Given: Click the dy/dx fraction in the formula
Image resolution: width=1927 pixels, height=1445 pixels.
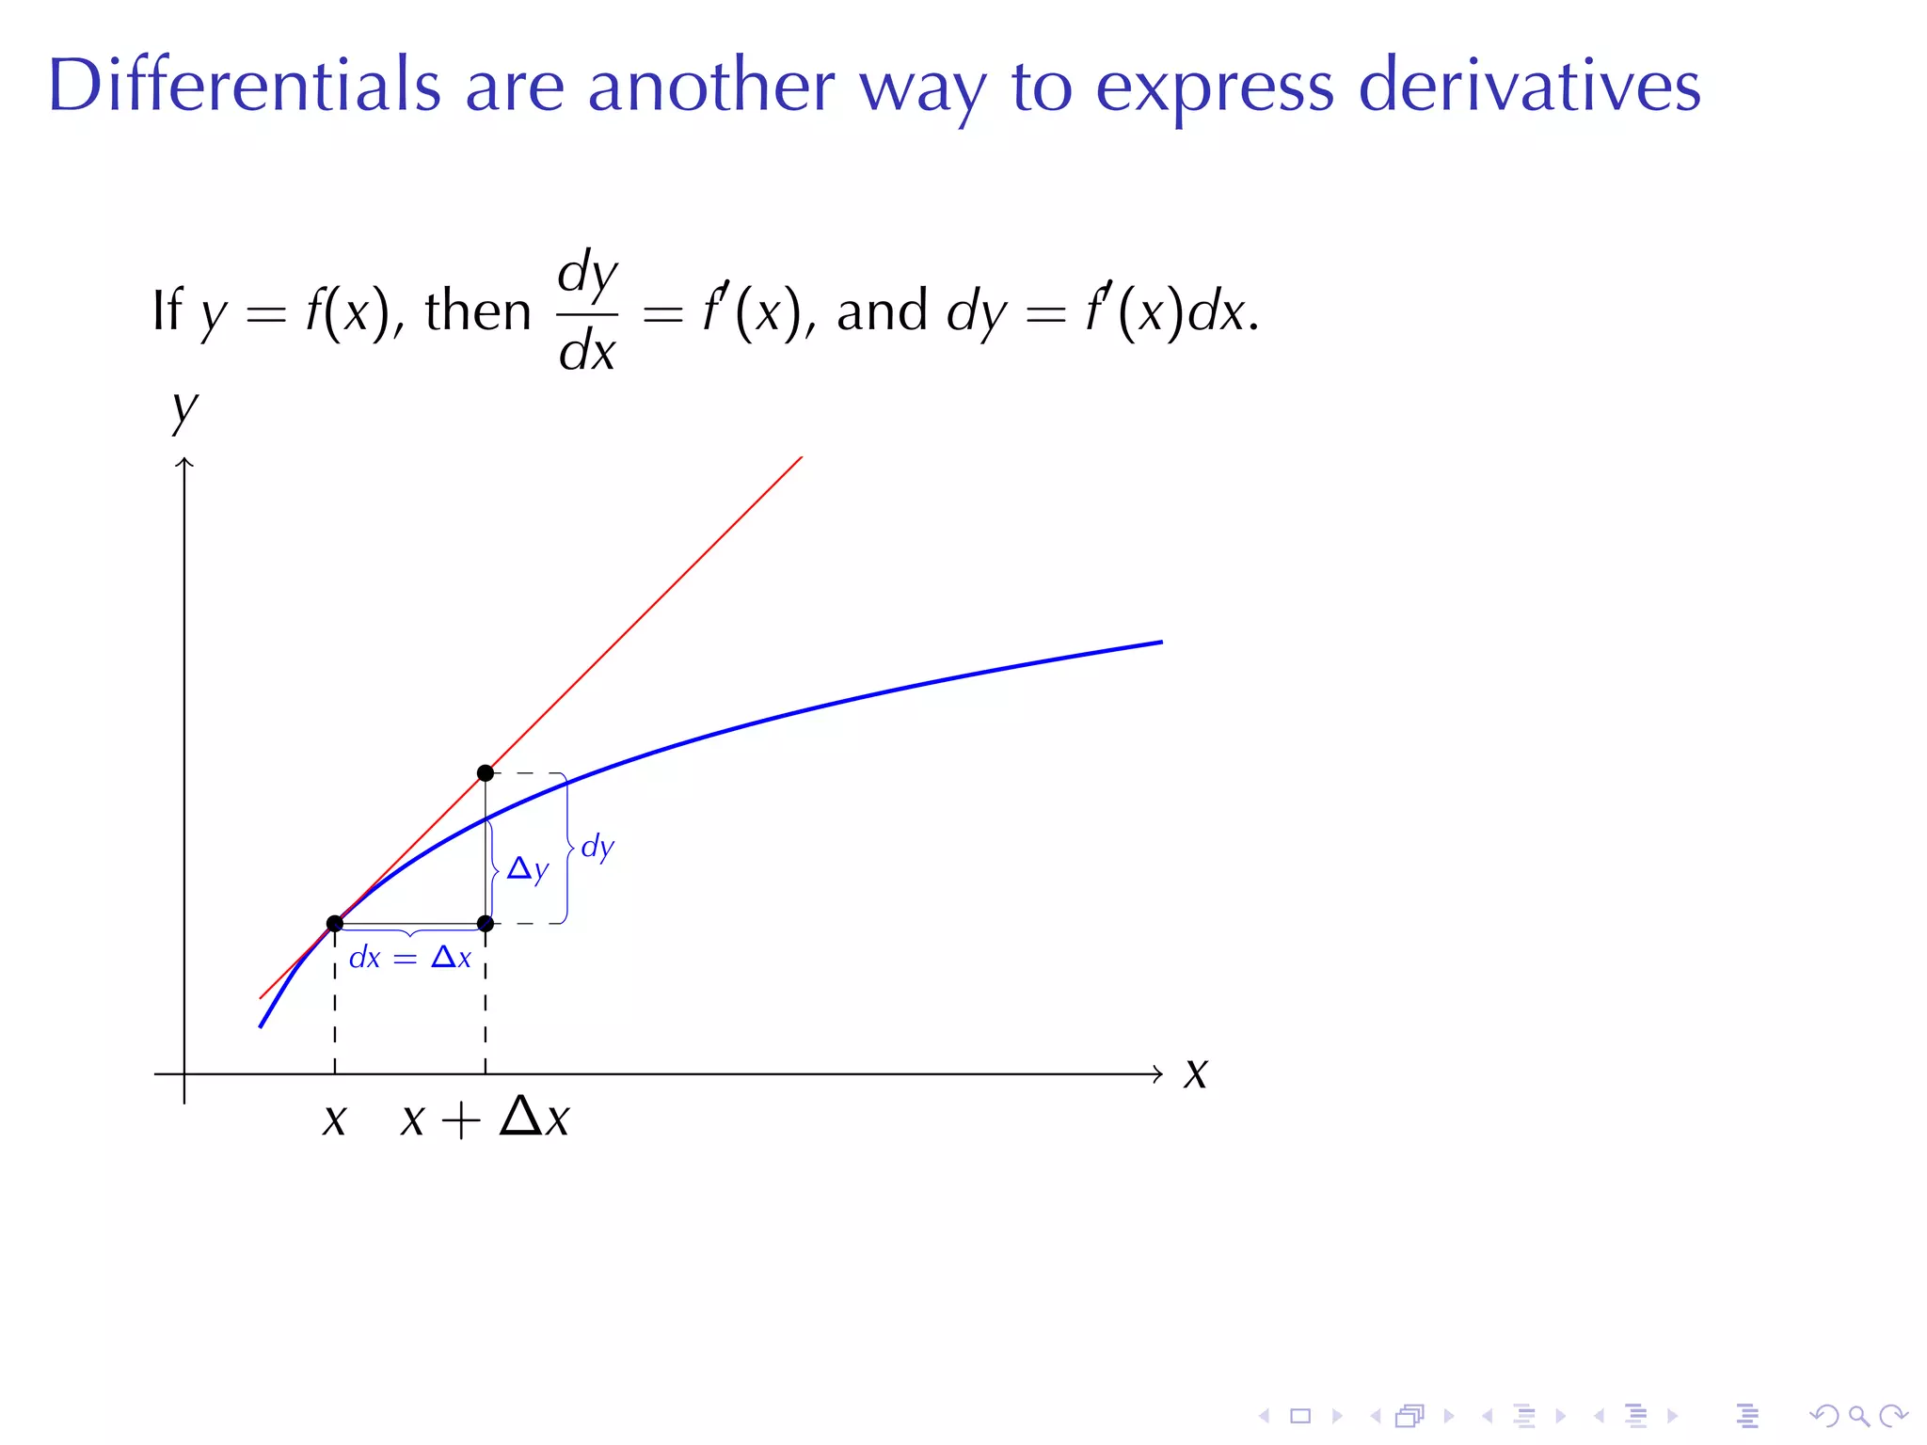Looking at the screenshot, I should pyautogui.click(x=587, y=311).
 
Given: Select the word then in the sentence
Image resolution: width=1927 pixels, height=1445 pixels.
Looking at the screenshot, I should pyautogui.click(x=478, y=311).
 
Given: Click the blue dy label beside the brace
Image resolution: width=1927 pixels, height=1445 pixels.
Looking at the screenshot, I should pyautogui.click(x=597, y=847).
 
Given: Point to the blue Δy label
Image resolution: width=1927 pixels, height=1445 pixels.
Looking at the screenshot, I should pyautogui.click(x=527, y=868).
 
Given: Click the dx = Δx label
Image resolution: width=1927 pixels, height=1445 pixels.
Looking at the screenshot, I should pyautogui.click(x=410, y=958).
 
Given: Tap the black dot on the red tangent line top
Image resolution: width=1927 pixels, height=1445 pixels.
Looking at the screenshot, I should pyautogui.click(x=486, y=773).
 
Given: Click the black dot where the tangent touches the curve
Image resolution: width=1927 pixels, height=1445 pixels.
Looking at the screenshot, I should pyautogui.click(x=335, y=924).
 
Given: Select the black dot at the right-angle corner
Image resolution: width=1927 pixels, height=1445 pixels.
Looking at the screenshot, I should pyautogui.click(x=486, y=924).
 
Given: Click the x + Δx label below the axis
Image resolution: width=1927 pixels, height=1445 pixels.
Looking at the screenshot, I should pyautogui.click(x=486, y=1119).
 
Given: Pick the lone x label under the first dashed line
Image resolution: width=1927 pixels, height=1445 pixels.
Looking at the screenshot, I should pyautogui.click(x=335, y=1120).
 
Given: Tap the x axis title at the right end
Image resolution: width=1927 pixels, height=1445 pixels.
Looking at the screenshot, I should pyautogui.click(x=1196, y=1072).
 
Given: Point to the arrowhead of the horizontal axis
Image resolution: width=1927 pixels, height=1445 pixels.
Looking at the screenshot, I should pyautogui.click(x=1158, y=1073).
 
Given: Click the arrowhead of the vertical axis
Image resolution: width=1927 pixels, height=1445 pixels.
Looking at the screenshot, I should pyautogui.click(x=184, y=463).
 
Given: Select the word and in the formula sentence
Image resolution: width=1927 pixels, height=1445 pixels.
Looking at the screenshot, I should pyautogui.click(x=882, y=311).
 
